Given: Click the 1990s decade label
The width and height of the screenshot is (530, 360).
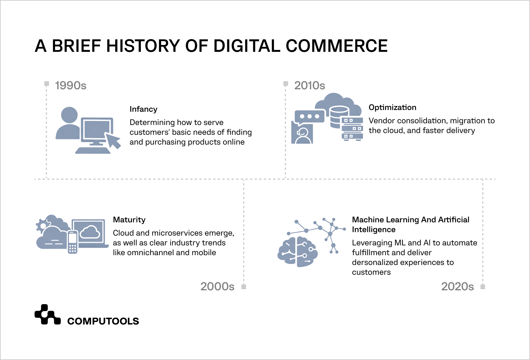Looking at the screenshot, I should [71, 86].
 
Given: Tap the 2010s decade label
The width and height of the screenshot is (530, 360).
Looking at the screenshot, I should [309, 86].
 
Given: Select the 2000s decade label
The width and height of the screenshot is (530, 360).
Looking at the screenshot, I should [217, 286].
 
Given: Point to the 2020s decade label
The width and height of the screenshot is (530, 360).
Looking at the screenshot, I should [457, 286].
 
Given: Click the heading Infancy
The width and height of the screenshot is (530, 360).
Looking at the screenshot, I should [143, 109].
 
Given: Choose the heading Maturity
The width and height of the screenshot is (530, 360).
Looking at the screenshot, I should [129, 220].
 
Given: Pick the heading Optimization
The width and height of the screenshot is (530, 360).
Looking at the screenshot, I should [392, 107].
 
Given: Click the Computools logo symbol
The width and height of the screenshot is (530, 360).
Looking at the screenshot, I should [48, 314].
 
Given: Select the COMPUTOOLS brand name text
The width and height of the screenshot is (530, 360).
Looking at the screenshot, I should [103, 321].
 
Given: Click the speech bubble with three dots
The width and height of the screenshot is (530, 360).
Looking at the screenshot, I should [309, 117].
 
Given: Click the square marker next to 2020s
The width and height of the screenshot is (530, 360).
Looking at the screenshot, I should [483, 287].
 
